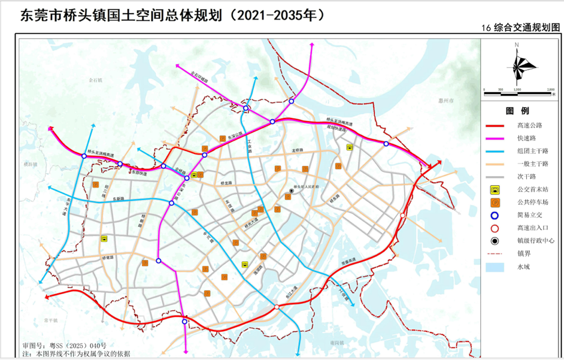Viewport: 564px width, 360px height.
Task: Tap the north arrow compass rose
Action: coord(520,65)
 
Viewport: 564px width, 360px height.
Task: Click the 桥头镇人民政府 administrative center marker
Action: coord(292,192)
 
